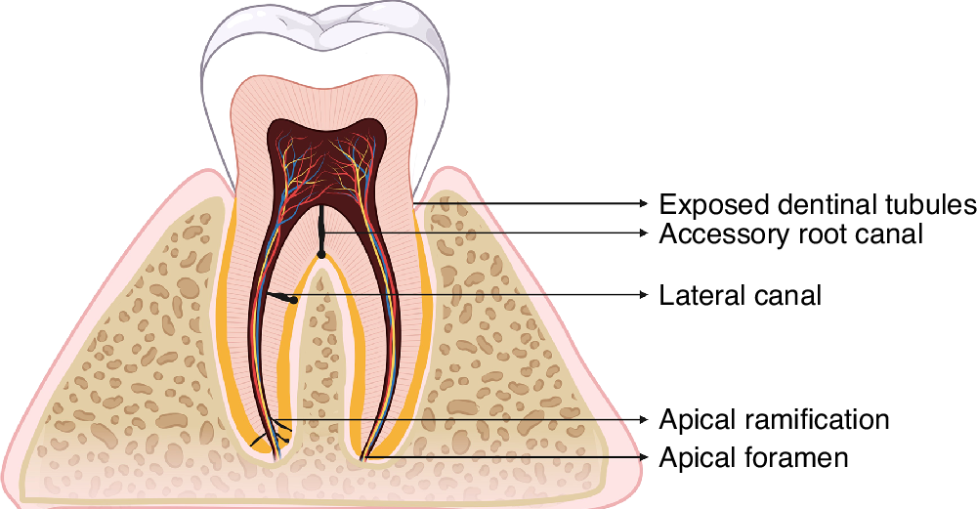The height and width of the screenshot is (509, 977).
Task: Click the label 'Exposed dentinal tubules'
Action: pos(817,204)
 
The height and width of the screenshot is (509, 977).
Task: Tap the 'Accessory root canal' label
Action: pos(790,234)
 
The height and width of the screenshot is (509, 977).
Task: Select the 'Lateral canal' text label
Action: pos(740,294)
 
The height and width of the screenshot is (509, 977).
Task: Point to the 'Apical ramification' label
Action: pos(774,419)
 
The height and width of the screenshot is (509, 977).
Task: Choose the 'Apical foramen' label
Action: pos(753,456)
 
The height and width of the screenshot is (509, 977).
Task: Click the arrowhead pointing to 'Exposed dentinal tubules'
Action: pos(644,203)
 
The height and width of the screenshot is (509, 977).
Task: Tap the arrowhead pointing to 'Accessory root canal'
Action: pos(644,233)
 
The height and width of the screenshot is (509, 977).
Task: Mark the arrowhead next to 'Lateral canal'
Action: pos(644,294)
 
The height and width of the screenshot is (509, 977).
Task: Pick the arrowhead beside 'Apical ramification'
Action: pos(644,418)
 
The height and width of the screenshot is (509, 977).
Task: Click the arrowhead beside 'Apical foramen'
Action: pos(644,456)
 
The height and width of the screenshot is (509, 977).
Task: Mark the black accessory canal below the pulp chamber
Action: pos(321,232)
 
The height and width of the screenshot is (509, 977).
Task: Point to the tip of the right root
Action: pos(363,457)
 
